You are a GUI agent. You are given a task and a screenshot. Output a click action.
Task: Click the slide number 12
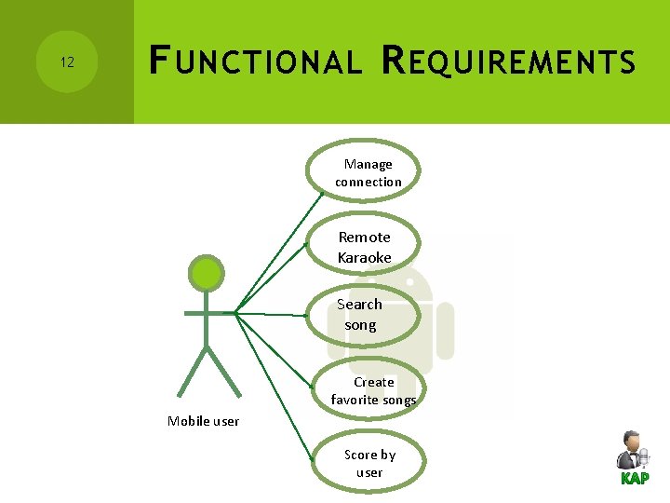(67, 62)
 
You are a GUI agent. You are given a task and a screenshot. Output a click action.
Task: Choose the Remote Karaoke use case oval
(365, 247)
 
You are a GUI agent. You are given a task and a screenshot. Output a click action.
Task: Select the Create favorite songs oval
(373, 390)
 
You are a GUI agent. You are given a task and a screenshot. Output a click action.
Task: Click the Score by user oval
(369, 463)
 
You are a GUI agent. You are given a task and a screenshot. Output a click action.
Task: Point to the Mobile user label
(203, 421)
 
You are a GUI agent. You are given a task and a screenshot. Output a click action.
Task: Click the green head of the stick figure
(206, 274)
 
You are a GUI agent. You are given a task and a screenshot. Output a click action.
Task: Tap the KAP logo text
(635, 479)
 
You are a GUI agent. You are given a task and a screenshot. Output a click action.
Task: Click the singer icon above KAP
(632, 451)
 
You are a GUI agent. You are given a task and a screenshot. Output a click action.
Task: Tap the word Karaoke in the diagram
(365, 257)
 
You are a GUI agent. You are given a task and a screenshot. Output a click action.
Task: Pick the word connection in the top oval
(368, 182)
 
